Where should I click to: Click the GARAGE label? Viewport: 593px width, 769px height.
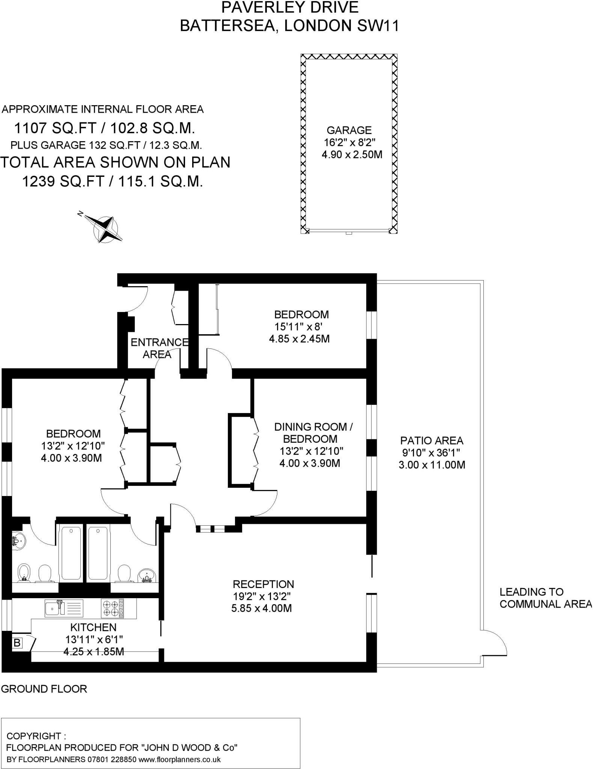(x=349, y=130)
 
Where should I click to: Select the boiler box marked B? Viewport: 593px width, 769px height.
(x=17, y=643)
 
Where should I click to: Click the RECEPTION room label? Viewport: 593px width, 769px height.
(x=263, y=584)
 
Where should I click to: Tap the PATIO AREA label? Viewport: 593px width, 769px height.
(x=432, y=440)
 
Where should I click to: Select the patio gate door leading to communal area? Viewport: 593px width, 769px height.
(x=495, y=643)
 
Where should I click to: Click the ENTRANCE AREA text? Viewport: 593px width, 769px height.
(x=158, y=348)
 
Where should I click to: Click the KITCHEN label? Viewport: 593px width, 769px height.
(x=93, y=627)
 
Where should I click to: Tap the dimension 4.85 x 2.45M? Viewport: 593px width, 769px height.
(x=299, y=339)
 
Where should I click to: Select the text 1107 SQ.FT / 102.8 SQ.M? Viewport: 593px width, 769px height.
(x=104, y=128)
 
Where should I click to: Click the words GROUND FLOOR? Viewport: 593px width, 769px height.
(x=44, y=689)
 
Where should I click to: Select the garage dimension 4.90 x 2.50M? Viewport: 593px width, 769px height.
(x=352, y=154)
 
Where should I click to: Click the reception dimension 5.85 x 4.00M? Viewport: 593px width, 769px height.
(x=262, y=608)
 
